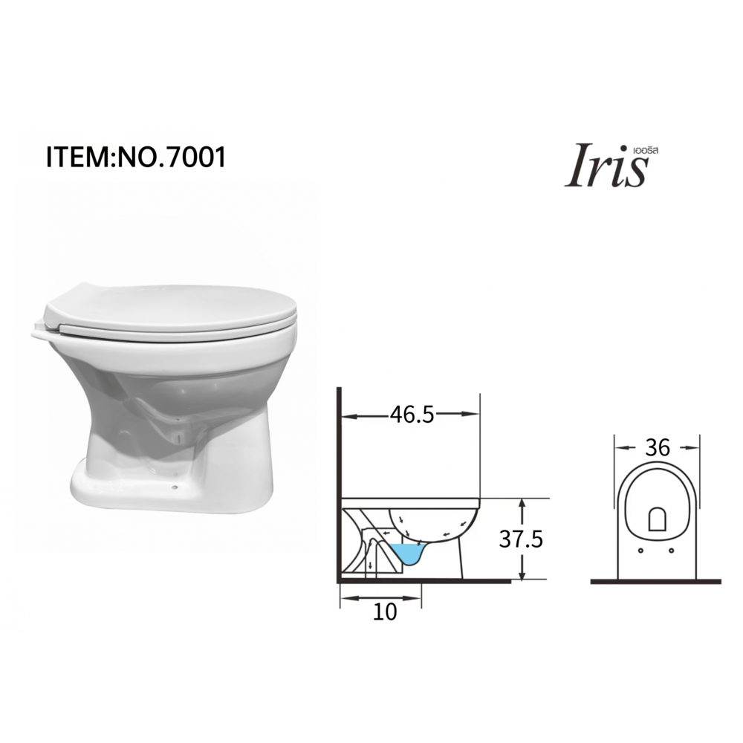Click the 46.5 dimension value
pos(412,415)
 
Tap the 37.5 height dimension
pos(521,539)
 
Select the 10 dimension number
pos(384,611)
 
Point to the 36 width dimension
pos(658,447)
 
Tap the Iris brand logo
pos(607,166)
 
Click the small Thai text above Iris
pos(646,150)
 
